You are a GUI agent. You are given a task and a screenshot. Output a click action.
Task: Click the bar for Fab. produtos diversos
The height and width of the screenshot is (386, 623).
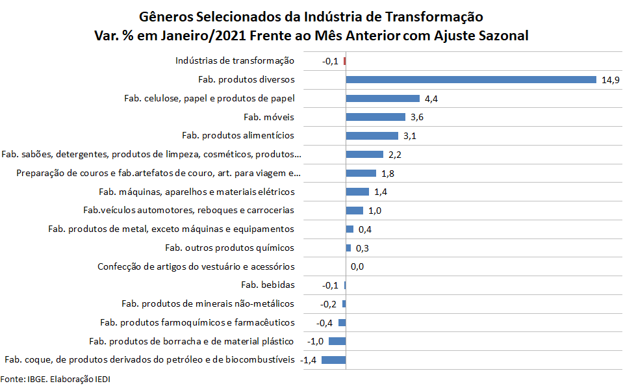pyautogui.click(x=471, y=80)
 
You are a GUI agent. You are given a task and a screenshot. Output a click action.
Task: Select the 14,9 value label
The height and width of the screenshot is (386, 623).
pyautogui.click(x=611, y=80)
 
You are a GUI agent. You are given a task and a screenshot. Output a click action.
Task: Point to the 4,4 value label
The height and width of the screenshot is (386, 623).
pyautogui.click(x=431, y=99)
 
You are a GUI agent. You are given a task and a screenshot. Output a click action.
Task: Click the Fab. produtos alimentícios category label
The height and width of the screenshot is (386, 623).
pyautogui.click(x=238, y=136)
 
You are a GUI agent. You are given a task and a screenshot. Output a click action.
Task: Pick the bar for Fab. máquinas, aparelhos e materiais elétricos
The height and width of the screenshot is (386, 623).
pyautogui.click(x=357, y=192)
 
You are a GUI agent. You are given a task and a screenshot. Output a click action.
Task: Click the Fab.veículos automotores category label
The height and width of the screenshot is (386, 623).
pyautogui.click(x=189, y=211)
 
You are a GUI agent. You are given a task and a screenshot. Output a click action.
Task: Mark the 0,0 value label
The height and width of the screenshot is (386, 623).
pyautogui.click(x=357, y=266)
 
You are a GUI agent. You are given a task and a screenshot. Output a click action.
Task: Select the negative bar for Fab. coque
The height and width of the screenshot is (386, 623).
pyautogui.click(x=333, y=360)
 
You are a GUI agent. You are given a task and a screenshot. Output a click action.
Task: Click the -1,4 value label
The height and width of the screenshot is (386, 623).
pyautogui.click(x=310, y=360)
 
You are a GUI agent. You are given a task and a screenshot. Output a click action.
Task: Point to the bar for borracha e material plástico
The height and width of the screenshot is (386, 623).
pyautogui.click(x=337, y=341)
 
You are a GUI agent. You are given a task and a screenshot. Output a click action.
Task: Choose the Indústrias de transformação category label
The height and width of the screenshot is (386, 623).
pyautogui.click(x=235, y=61)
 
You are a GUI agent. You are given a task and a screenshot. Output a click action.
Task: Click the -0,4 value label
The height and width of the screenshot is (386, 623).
pyautogui.click(x=324, y=323)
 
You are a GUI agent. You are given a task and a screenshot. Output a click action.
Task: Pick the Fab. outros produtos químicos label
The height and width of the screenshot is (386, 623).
pyautogui.click(x=229, y=248)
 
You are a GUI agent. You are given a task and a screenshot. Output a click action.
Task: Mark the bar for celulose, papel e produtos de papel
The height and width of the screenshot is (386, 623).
pyautogui.click(x=383, y=99)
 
